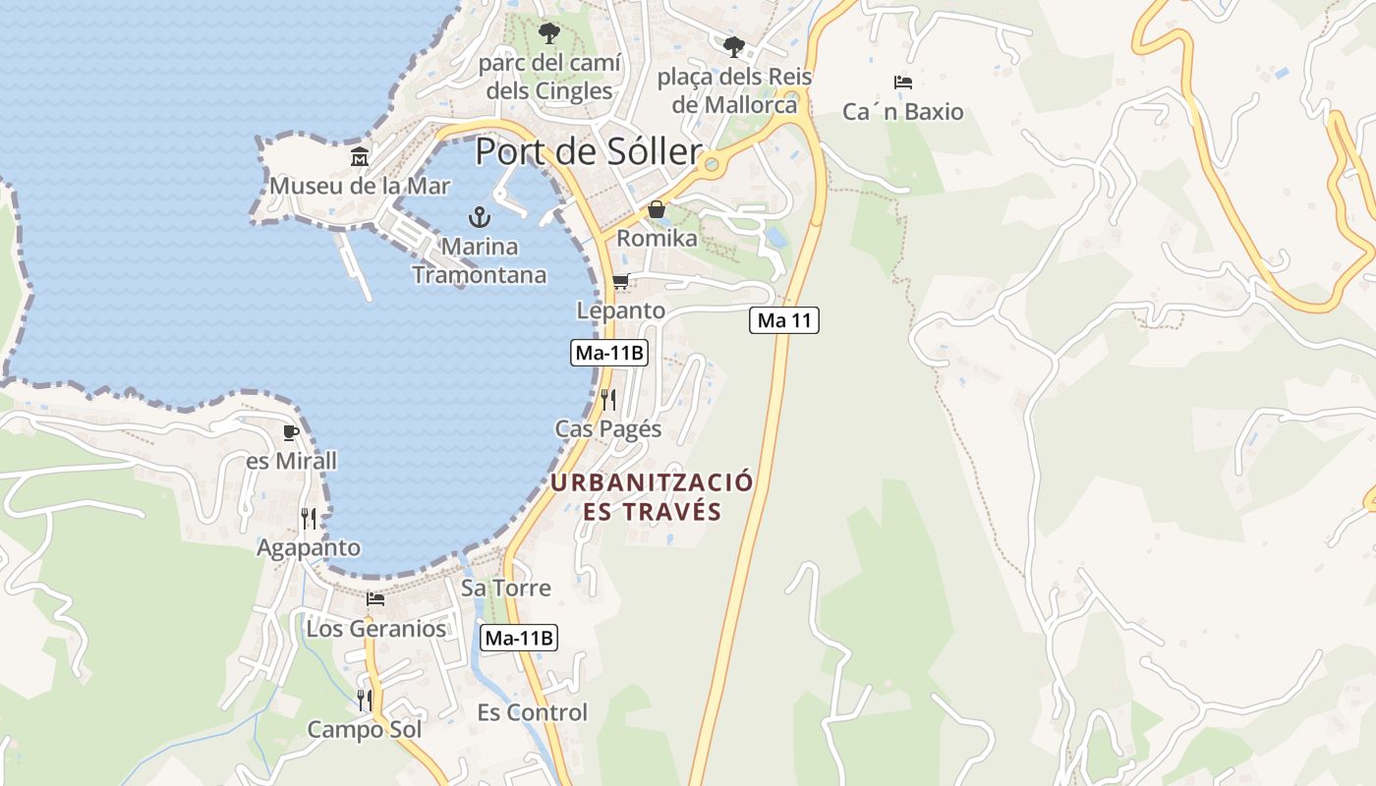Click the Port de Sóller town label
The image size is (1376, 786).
tap(588, 152)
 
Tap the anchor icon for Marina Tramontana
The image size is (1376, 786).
tap(479, 216)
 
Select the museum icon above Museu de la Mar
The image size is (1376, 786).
tap(360, 156)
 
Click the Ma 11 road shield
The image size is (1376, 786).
tap(783, 319)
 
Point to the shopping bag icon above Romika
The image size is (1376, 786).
tap(656, 209)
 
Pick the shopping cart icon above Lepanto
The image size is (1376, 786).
tap(620, 282)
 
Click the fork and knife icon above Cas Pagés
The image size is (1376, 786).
tap(608, 399)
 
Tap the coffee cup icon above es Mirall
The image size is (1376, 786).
tap(290, 432)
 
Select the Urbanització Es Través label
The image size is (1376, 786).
tap(652, 496)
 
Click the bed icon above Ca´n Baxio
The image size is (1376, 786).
tap(903, 83)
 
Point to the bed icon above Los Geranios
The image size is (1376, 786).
tap(375, 598)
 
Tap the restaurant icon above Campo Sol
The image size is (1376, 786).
tap(365, 700)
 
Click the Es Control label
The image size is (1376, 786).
tap(532, 712)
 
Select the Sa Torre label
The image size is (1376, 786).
tap(506, 588)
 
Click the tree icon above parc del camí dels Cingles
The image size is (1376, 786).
tap(548, 33)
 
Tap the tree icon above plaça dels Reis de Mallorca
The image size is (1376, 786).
tap(733, 46)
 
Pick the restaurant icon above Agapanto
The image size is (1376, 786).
tap(309, 518)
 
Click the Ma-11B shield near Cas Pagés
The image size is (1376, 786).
tap(609, 353)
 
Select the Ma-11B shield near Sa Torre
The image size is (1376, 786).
tap(519, 638)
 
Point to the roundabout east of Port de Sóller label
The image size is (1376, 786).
tap(715, 165)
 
